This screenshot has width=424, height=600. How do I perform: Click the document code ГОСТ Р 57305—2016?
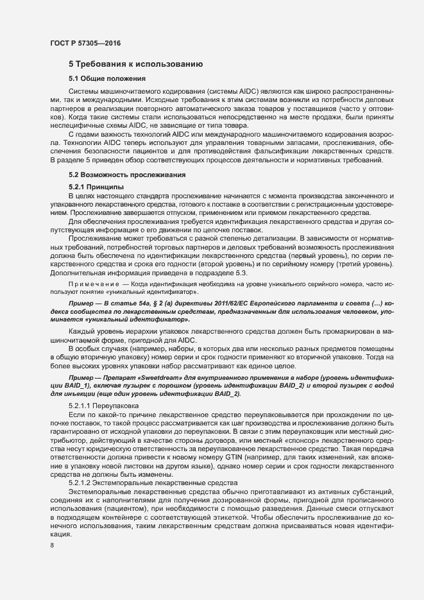pos(85,43)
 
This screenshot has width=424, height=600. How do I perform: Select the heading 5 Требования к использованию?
pos(136,64)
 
